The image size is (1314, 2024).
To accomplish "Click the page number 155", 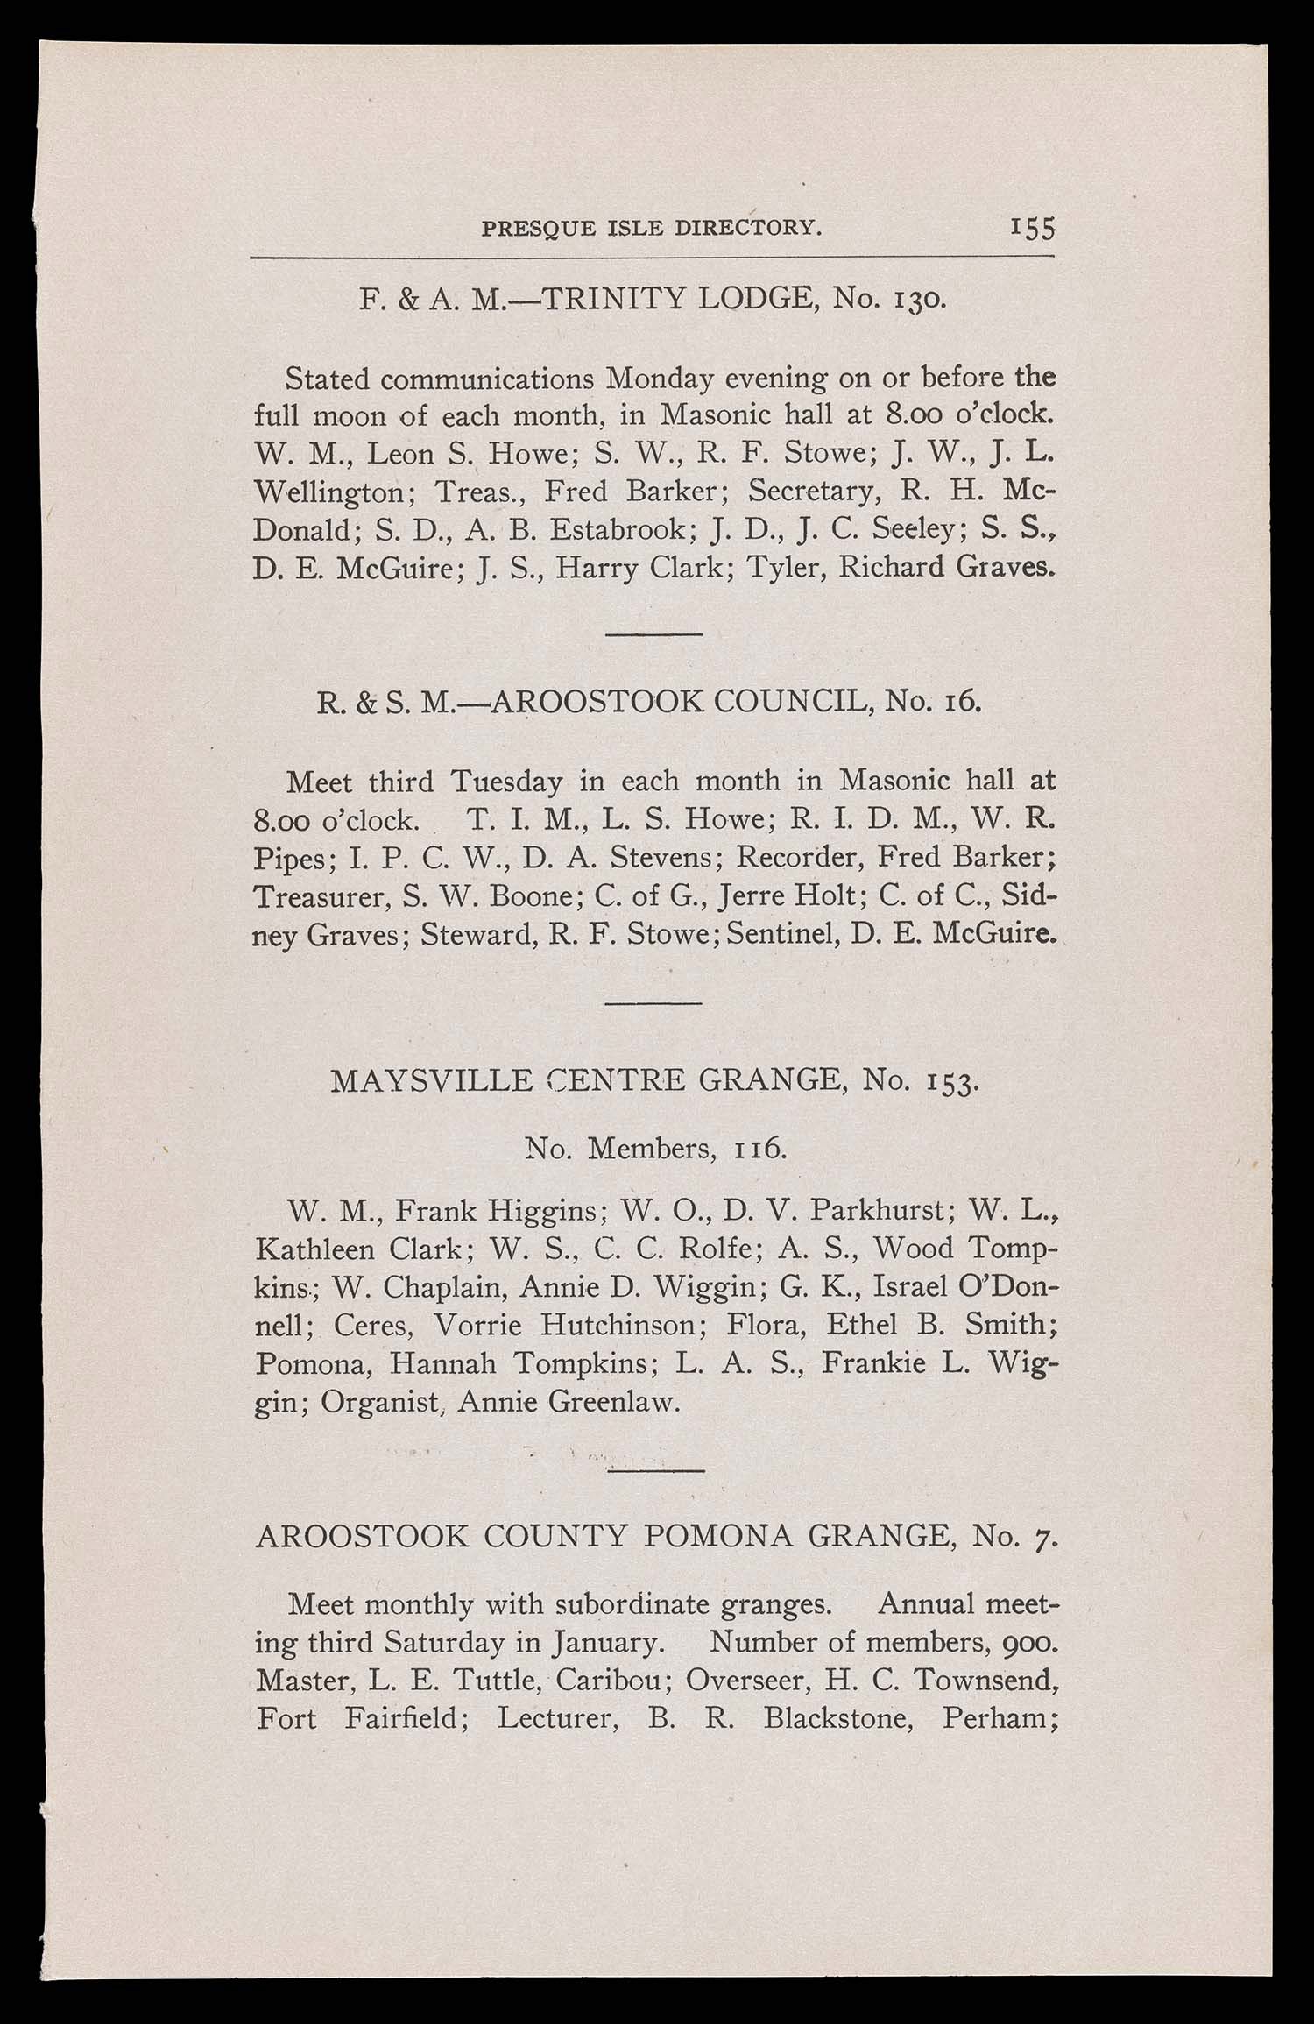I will tap(1032, 228).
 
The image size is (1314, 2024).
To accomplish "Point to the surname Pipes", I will tap(288, 859).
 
